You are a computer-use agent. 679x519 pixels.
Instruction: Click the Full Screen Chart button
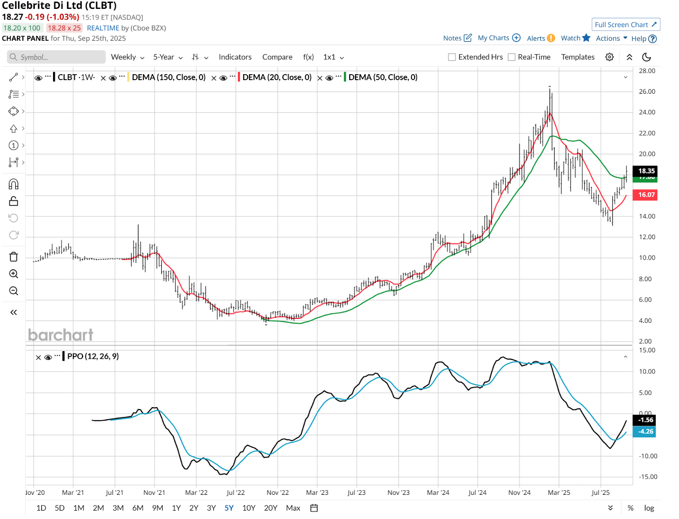pyautogui.click(x=626, y=25)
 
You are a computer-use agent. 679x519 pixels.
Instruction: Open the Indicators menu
pyautogui.click(x=235, y=57)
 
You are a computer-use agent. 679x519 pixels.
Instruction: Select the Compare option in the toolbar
pyautogui.click(x=277, y=57)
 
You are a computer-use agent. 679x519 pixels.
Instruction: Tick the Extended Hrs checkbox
pyautogui.click(x=452, y=57)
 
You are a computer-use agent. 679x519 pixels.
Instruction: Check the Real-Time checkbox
pyautogui.click(x=512, y=57)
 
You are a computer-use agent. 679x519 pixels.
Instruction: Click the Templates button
pyautogui.click(x=578, y=57)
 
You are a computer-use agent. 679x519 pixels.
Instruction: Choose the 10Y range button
pyautogui.click(x=249, y=508)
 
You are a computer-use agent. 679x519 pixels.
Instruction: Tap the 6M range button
pyautogui.click(x=138, y=508)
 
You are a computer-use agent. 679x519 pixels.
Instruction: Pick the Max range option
pyautogui.click(x=293, y=508)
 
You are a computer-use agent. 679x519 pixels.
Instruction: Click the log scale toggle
pyautogui.click(x=649, y=508)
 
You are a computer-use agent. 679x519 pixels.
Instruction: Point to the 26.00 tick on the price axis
pyautogui.click(x=647, y=92)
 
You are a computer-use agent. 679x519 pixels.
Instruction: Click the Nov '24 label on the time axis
pyautogui.click(x=519, y=493)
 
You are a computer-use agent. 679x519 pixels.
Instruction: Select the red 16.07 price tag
pyautogui.click(x=645, y=195)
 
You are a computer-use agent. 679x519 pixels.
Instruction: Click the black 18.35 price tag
pyautogui.click(x=645, y=171)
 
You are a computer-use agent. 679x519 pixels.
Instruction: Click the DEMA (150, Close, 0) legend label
pyautogui.click(x=168, y=77)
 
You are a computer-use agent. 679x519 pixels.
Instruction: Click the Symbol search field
pyautogui.click(x=56, y=57)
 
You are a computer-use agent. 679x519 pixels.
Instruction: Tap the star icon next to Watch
pyautogui.click(x=586, y=38)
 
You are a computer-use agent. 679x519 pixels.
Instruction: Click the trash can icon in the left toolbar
pyautogui.click(x=14, y=257)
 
